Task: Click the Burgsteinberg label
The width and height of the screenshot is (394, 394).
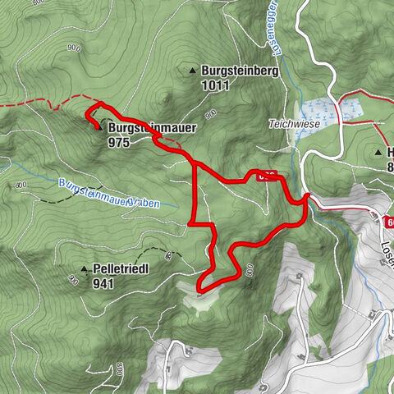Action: tap(241, 71)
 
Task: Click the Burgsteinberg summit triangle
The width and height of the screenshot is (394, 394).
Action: tap(193, 71)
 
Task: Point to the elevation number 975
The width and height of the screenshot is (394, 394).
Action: tap(118, 141)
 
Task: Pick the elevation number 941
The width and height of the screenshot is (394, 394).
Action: tap(103, 283)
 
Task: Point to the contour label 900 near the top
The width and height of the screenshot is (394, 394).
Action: tap(76, 48)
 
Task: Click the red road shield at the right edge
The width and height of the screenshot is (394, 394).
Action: tap(387, 222)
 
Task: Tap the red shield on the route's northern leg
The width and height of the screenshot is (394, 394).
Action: tap(264, 176)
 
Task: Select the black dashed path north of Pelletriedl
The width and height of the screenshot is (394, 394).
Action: tap(152, 252)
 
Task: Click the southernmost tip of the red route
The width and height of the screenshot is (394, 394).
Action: tap(199, 287)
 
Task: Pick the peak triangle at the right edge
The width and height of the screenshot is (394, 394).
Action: tap(378, 152)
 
